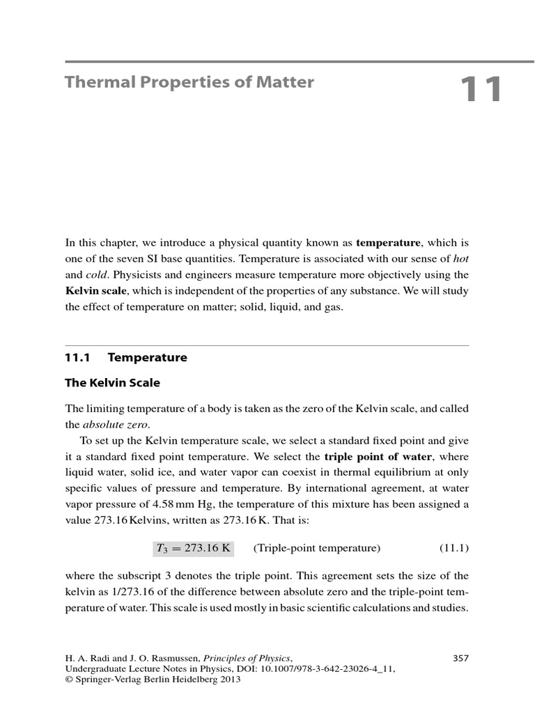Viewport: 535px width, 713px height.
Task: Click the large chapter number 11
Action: (x=481, y=91)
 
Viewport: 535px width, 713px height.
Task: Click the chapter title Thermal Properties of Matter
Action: (x=189, y=82)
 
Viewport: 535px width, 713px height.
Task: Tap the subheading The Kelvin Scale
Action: (x=112, y=383)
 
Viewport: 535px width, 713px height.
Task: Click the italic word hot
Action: (x=460, y=258)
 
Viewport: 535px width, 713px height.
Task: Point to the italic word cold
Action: (x=98, y=274)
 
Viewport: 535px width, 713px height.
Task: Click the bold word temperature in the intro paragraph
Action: (x=388, y=242)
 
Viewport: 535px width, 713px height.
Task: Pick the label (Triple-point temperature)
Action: (x=317, y=548)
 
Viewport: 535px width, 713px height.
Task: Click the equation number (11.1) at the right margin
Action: (x=454, y=548)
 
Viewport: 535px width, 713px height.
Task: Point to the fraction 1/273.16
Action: (x=123, y=592)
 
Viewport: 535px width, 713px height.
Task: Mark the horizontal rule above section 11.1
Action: (x=267, y=345)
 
